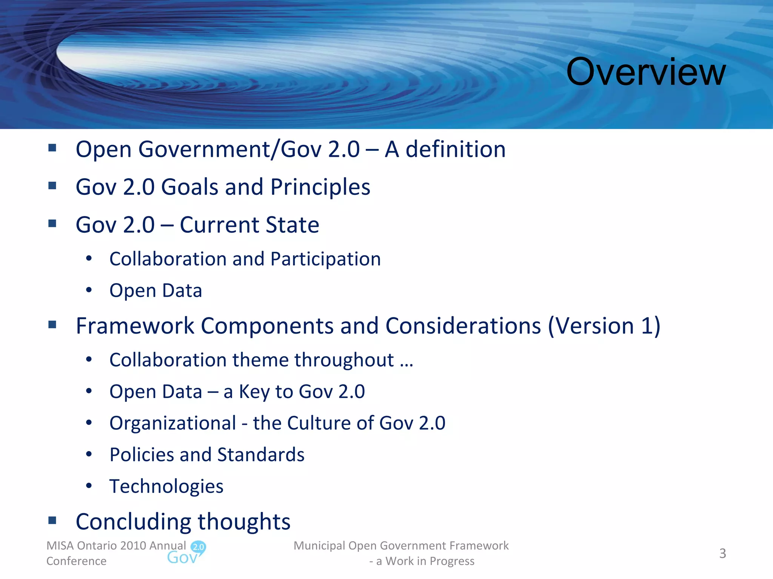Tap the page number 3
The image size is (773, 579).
(722, 553)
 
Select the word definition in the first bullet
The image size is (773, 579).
(456, 149)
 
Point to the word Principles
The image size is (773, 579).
(320, 187)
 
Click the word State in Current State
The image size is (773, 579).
(293, 225)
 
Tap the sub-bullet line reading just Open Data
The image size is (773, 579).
(156, 291)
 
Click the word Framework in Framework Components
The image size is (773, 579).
(135, 326)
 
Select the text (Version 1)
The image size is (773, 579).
(604, 326)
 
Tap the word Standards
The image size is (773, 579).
(261, 455)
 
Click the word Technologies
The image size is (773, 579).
(166, 486)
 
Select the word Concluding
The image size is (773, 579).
(134, 522)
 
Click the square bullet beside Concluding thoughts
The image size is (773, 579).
(52, 521)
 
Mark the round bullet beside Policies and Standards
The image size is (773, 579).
(89, 454)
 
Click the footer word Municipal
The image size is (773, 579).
(319, 546)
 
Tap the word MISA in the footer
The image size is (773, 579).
(60, 546)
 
